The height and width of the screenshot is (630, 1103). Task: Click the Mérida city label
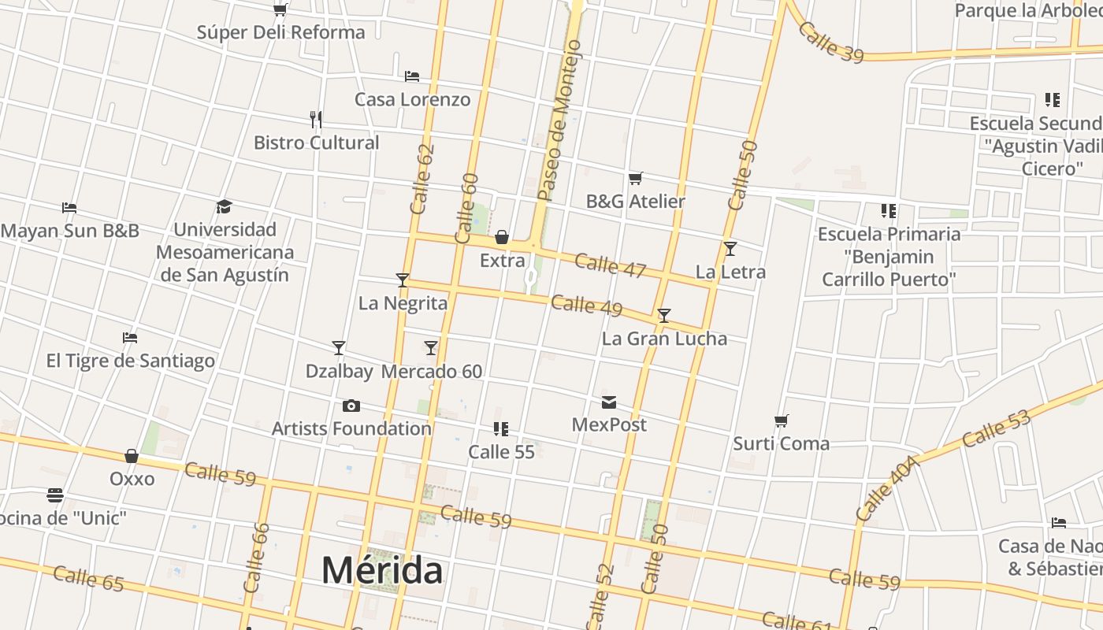tap(382, 570)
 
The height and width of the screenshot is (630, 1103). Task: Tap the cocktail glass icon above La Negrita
tap(403, 280)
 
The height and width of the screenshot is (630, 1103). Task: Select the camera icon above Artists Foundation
tap(351, 406)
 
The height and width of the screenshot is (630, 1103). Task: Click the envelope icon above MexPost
tap(609, 402)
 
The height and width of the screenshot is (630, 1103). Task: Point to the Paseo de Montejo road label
tap(559, 120)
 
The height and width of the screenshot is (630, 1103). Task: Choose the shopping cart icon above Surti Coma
tap(781, 421)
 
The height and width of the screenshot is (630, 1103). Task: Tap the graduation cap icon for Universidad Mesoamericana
tap(225, 206)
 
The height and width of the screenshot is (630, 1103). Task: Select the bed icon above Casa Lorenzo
tap(411, 76)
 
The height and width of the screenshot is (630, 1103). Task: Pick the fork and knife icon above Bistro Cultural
tap(316, 120)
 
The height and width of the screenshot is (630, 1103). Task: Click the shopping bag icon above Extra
tap(502, 237)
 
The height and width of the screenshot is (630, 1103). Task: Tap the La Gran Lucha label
tap(664, 339)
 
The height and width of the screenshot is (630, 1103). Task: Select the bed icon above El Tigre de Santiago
tap(130, 338)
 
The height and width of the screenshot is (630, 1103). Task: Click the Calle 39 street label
tap(830, 42)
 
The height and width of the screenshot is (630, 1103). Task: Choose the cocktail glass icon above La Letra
tap(730, 249)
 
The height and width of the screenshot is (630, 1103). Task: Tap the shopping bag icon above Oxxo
tap(132, 456)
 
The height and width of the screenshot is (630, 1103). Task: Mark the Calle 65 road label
tap(88, 578)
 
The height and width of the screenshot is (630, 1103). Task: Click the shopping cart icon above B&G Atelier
tap(635, 178)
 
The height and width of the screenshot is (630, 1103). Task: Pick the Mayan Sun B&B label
tap(70, 231)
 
